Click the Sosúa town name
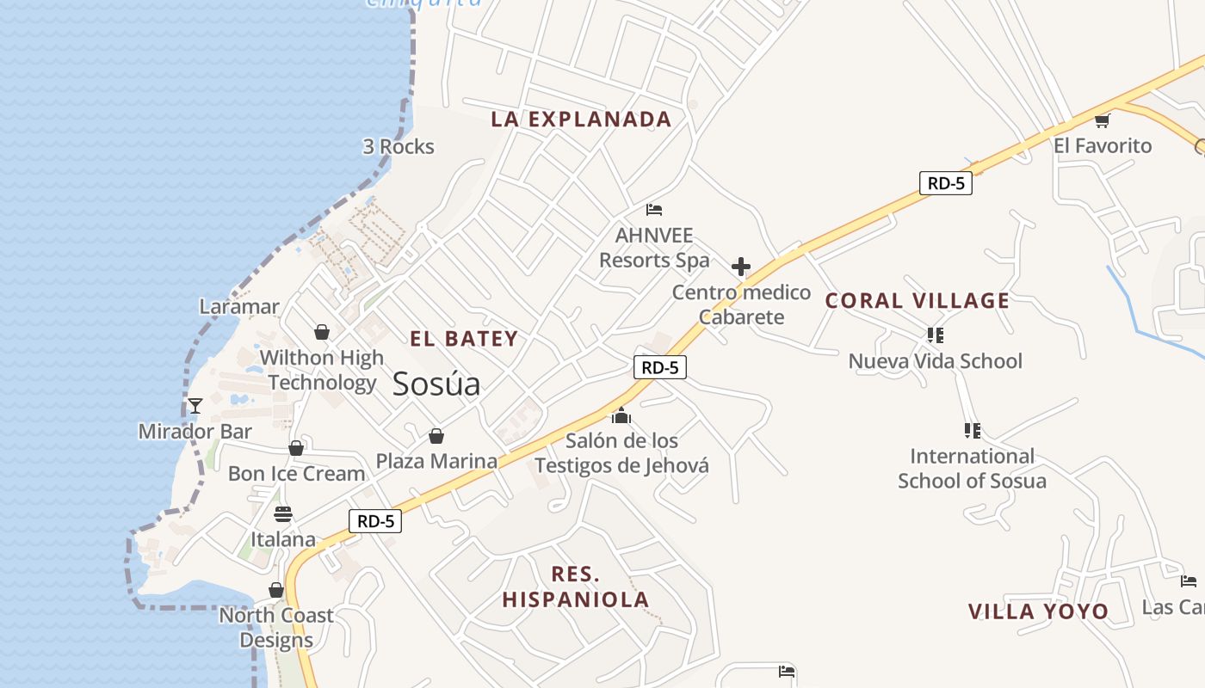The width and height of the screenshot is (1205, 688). click(x=436, y=384)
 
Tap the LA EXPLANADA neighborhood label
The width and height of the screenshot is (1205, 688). click(x=581, y=120)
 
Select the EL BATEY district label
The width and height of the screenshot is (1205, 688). click(x=464, y=339)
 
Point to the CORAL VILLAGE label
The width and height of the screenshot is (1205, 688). click(x=917, y=301)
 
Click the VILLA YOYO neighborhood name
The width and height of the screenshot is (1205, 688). click(x=1038, y=611)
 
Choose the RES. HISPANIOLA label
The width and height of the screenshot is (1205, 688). click(x=576, y=587)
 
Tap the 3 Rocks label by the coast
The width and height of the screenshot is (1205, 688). click(x=399, y=147)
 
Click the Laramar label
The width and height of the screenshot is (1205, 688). click(x=239, y=306)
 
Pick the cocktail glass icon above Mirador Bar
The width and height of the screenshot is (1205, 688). click(x=195, y=406)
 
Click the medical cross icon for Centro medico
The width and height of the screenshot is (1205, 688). click(x=740, y=267)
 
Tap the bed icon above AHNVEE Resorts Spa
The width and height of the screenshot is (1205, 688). click(x=654, y=209)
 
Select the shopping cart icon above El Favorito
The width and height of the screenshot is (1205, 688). click(x=1102, y=120)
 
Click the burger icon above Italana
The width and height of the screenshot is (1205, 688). click(x=283, y=514)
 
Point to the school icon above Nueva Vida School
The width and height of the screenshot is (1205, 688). click(x=936, y=335)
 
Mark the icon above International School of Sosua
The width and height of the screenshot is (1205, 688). click(x=973, y=430)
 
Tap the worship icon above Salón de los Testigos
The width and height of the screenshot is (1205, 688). click(x=621, y=417)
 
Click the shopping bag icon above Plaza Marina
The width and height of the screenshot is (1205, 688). click(x=436, y=436)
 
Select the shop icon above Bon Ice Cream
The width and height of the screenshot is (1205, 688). click(x=296, y=448)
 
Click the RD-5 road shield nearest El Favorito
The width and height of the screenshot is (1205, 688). click(x=945, y=183)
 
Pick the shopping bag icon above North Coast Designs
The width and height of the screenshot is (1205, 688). click(x=276, y=590)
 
